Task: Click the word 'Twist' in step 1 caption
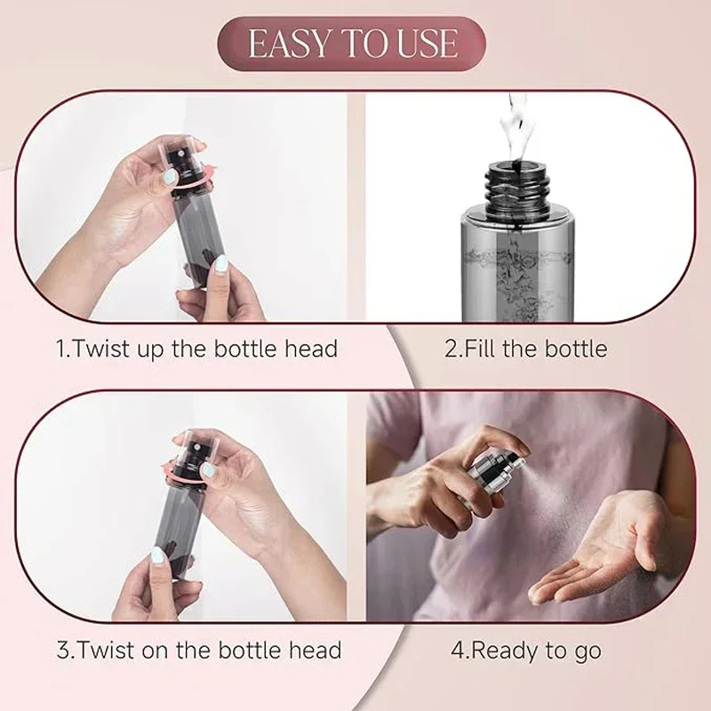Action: coord(100,348)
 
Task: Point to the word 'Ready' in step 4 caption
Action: coord(502,650)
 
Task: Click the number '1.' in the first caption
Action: coord(63,348)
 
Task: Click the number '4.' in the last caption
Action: coord(459,650)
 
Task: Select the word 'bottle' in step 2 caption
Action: coord(574,348)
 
